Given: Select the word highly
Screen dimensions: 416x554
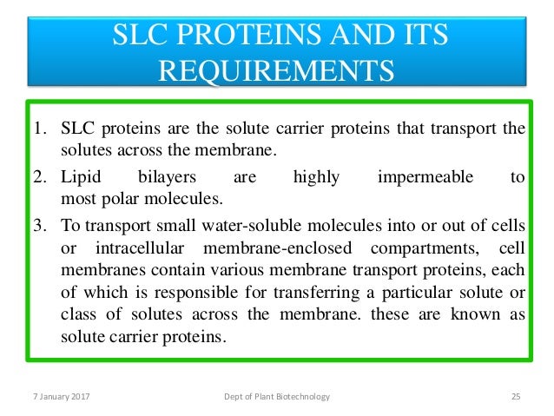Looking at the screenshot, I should click(x=316, y=178).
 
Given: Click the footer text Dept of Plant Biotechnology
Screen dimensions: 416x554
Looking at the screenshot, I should click(x=277, y=397).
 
